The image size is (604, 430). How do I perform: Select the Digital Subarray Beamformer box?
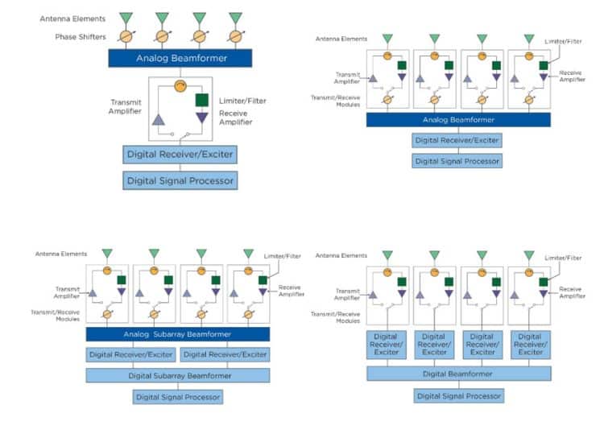coord(178,375)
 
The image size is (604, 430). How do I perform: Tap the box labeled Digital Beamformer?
coord(459,374)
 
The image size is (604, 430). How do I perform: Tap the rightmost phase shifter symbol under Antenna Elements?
coord(234,36)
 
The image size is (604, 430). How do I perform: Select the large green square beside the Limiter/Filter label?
coord(203,101)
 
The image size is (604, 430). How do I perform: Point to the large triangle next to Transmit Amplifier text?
coord(159,119)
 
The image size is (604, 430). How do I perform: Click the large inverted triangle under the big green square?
coord(203,118)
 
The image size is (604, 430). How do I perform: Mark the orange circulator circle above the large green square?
coord(180,86)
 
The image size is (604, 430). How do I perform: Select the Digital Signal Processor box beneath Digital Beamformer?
coord(459,395)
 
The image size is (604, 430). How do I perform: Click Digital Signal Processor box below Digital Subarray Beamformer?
coord(177,396)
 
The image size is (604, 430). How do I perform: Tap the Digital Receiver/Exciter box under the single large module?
coord(180,155)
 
